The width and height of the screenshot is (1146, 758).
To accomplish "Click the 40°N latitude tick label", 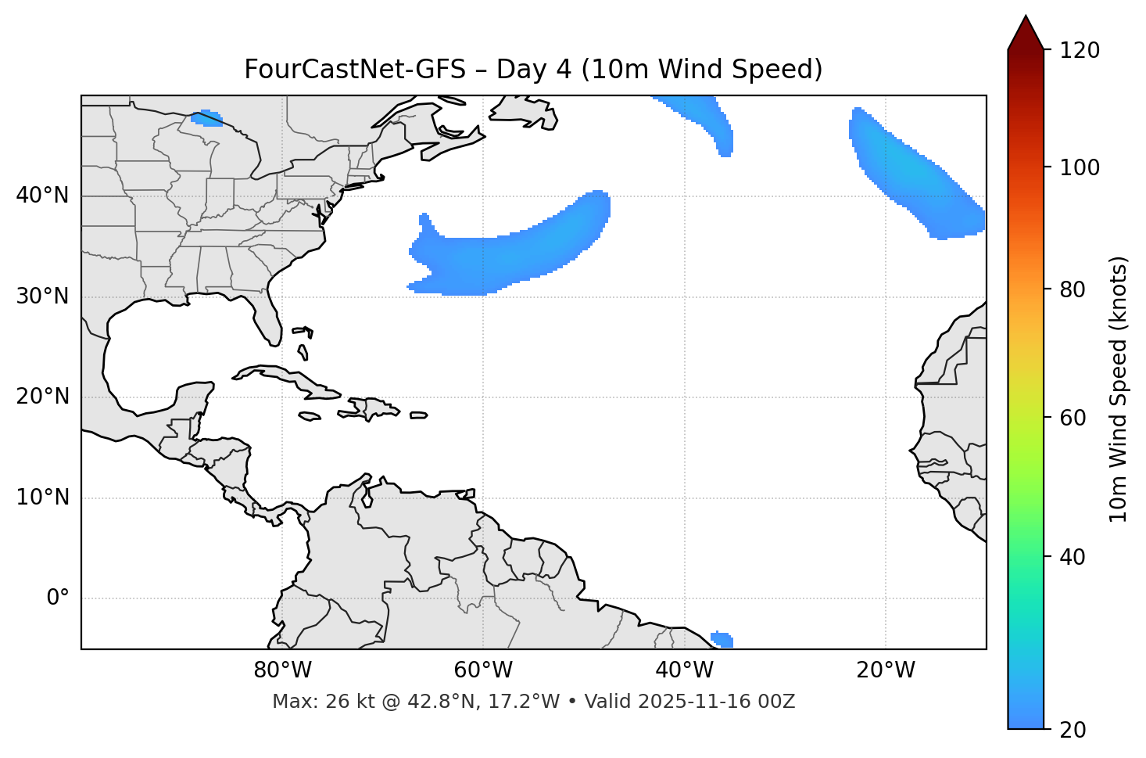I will pos(42,196).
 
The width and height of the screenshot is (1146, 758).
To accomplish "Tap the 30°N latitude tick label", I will pos(42,296).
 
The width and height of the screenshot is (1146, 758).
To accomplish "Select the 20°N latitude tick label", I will pos(42,397).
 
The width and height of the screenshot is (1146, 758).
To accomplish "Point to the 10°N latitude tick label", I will pos(42,498).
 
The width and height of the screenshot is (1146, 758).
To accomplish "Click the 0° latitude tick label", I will pos(58,598).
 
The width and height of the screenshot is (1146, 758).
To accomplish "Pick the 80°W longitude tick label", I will pos(282,670).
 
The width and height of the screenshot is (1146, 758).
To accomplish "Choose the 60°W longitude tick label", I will pos(483,670).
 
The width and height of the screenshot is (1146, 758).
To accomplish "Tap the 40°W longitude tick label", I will pos(684,670).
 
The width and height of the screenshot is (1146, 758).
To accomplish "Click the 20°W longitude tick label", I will pos(885,670).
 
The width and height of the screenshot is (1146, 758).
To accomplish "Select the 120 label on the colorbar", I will pos(1080,51).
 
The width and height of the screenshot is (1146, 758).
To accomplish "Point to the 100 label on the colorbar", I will pos(1080,167).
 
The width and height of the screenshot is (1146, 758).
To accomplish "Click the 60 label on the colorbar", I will pos(1073,418).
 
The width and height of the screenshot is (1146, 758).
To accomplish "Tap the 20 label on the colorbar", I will pos(1073,730).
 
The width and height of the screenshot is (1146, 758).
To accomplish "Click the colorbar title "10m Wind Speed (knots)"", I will pos(1119,389).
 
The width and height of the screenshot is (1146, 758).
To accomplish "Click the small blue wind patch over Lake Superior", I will pos(207,118).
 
